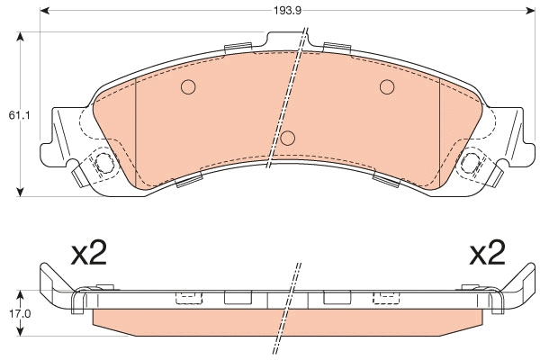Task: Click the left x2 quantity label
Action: coord(88,255)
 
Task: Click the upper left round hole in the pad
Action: coord(188,87)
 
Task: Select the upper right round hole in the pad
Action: coord(387,86)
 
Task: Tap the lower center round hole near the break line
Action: coord(288,138)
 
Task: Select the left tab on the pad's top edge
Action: coord(238,47)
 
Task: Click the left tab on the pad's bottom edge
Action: coord(190,183)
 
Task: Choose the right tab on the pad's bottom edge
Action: coord(385,183)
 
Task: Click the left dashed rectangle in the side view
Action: coord(189,297)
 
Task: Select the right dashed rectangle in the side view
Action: coord(386,297)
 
